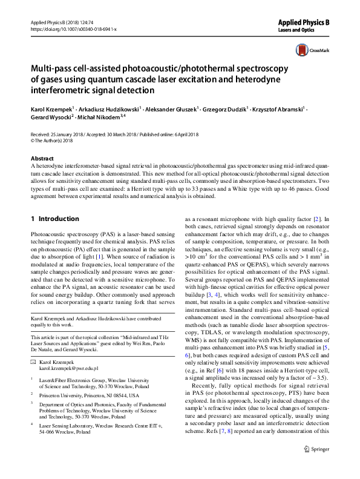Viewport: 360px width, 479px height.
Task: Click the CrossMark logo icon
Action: pos(301,51)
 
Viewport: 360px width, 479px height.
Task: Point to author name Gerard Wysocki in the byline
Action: pos(50,116)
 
